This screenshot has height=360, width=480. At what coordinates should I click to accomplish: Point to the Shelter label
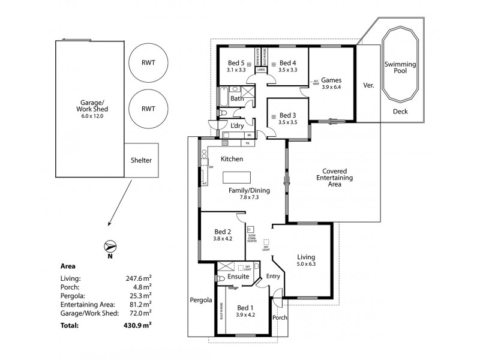click(142, 160)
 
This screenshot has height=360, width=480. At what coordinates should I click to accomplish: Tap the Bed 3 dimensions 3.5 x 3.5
click(288, 122)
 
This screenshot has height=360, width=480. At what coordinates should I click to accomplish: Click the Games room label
click(331, 80)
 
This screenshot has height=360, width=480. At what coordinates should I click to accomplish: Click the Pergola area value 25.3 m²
click(139, 295)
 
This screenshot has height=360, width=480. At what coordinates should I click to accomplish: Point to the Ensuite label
click(238, 277)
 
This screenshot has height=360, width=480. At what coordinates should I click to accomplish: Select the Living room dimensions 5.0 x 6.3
click(306, 263)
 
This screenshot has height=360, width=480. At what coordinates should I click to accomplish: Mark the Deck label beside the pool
click(400, 112)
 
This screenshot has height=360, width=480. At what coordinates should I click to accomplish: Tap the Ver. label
click(369, 85)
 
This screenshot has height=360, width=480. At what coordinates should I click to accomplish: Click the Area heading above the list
click(68, 266)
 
